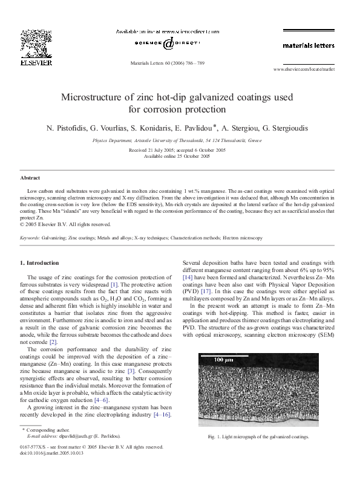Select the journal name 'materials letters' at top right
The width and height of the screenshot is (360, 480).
(x=308, y=45)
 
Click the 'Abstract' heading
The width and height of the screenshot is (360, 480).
(x=30, y=178)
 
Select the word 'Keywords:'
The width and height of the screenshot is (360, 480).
(x=30, y=238)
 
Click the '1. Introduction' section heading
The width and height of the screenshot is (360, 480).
(x=40, y=263)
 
